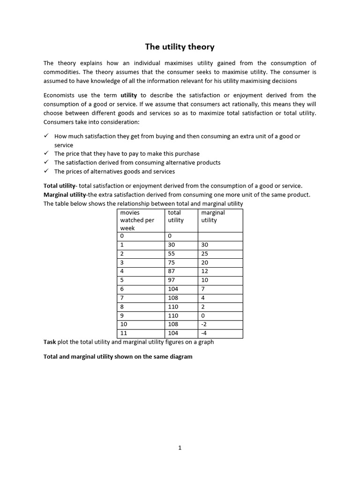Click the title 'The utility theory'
click(180, 46)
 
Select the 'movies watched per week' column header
click(137, 220)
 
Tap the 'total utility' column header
click(176, 216)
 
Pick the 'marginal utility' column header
click(213, 216)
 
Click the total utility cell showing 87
click(173, 271)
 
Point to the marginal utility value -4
click(205, 333)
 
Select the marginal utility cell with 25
click(205, 254)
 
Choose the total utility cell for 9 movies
click(173, 315)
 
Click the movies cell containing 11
click(124, 333)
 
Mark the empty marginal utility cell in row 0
click(220, 236)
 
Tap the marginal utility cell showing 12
click(205, 271)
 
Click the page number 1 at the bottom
click(180, 448)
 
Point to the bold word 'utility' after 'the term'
click(128, 95)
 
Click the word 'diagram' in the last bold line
click(180, 357)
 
